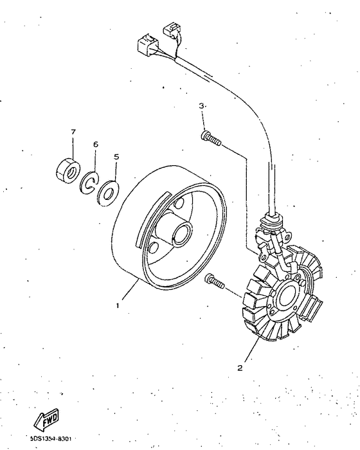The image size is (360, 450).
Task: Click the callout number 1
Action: click(x=118, y=306)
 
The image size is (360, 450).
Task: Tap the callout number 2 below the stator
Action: click(x=240, y=368)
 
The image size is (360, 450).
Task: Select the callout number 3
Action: click(x=201, y=105)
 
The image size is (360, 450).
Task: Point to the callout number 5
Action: click(x=116, y=156)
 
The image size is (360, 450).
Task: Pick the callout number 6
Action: click(x=96, y=145)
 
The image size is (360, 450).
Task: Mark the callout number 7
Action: click(x=73, y=132)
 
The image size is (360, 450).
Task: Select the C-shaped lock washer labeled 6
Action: click(x=89, y=183)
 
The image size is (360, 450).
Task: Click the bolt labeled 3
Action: click(x=210, y=138)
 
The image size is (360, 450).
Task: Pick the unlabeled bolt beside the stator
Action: click(x=213, y=281)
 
